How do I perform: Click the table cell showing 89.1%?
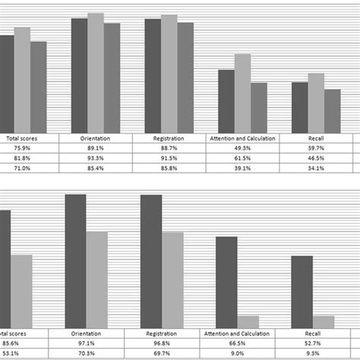pyautogui.click(x=96, y=148)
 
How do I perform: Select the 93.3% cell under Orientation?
pyautogui.click(x=96, y=158)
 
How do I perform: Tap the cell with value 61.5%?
pyautogui.click(x=242, y=158)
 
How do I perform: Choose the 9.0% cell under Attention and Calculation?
pyautogui.click(x=237, y=352)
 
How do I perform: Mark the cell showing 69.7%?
pyautogui.click(x=162, y=352)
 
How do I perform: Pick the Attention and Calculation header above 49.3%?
pyautogui.click(x=242, y=138)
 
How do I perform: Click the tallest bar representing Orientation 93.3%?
pyautogui.click(x=96, y=73)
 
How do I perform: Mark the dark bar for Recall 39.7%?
pyautogui.click(x=300, y=107)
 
